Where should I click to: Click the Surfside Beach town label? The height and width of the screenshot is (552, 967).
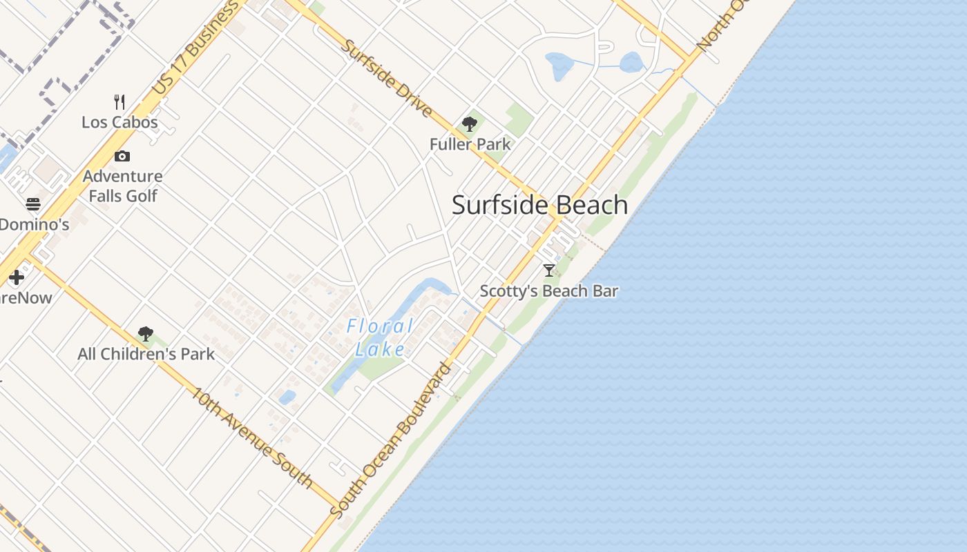539,205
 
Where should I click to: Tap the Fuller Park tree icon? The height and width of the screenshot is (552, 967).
470,124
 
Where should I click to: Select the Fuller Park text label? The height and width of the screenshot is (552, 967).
470,144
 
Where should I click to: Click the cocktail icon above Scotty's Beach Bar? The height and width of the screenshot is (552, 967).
549,270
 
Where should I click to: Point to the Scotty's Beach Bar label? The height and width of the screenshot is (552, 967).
548,291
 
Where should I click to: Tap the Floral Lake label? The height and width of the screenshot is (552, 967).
380,337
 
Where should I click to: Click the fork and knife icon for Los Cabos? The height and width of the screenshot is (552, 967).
119,102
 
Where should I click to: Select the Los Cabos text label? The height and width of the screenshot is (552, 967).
119,122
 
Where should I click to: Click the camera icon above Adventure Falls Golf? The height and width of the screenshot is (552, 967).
122,157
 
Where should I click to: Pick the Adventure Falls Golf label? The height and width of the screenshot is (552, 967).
123,186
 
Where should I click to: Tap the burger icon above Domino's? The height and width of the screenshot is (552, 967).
33,204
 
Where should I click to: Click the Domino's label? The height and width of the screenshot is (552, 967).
35,224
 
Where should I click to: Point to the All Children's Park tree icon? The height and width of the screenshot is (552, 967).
145,334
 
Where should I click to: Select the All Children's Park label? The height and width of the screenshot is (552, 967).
146,354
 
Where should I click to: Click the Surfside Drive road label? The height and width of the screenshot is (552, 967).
387,79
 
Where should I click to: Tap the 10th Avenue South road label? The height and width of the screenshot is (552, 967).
252,437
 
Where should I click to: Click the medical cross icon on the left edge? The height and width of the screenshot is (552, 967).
17,277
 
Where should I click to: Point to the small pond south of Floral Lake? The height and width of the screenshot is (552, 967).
287,397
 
